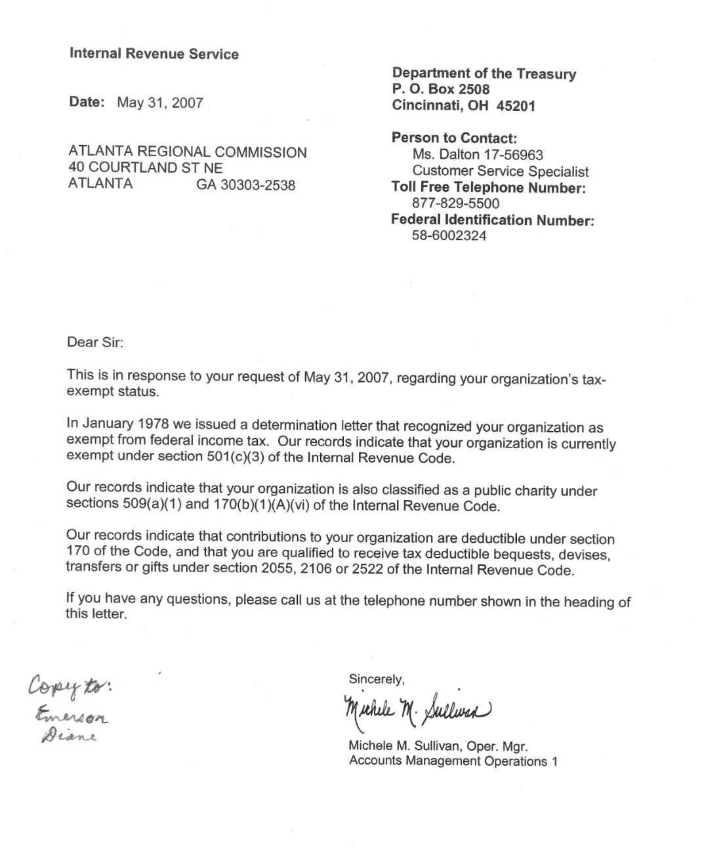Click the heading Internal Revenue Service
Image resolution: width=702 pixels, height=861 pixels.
click(x=154, y=54)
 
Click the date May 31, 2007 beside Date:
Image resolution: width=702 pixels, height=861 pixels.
click(x=160, y=103)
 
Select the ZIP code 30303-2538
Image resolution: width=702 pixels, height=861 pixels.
click(x=246, y=185)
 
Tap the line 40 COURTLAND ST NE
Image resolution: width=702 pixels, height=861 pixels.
click(x=146, y=168)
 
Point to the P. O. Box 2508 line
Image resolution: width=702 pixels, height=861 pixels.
click(x=441, y=89)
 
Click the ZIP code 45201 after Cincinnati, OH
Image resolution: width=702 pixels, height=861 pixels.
click(x=516, y=106)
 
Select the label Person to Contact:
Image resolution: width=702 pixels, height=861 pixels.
click(x=454, y=138)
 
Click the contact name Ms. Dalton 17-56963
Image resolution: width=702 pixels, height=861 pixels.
click(x=478, y=155)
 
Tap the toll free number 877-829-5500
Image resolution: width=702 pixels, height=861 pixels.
click(x=455, y=203)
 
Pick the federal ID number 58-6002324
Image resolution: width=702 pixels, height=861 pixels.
click(x=449, y=236)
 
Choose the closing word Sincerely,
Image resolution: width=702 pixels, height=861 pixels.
click(x=377, y=679)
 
